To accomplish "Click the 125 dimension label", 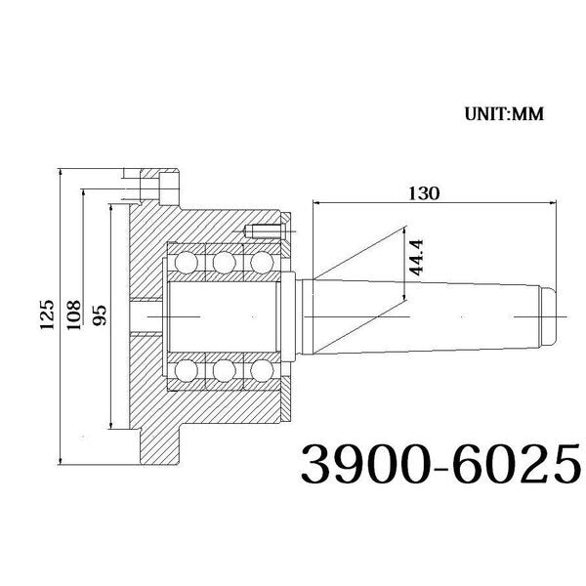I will (46, 315).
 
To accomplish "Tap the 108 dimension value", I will (74, 315).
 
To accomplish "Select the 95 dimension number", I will (99, 315).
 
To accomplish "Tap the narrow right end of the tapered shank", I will (548, 314).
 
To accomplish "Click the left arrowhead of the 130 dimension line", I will (316, 203).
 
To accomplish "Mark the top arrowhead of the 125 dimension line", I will (62, 172).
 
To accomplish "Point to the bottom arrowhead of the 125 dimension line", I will (62, 461).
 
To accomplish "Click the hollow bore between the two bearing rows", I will (224, 315).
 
